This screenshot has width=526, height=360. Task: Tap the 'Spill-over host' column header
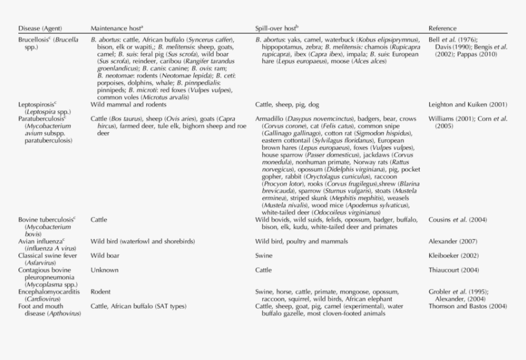point(276,29)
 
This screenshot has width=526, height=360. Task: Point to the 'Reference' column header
point(442,29)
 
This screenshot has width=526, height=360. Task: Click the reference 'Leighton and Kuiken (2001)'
point(464,105)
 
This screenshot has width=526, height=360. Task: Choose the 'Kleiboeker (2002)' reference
point(453,255)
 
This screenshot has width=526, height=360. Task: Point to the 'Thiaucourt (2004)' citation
point(453,270)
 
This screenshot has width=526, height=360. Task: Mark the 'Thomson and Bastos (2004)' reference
point(467,306)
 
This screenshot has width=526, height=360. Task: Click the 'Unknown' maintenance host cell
point(105,270)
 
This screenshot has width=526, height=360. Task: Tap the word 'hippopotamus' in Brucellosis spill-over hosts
point(279,46)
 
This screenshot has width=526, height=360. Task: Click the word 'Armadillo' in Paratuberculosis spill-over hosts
point(270,119)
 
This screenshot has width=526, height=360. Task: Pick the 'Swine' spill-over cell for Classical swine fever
point(264,255)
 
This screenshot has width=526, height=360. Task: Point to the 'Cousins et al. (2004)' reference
point(457,219)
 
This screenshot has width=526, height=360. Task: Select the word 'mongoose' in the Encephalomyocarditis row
point(364,292)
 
